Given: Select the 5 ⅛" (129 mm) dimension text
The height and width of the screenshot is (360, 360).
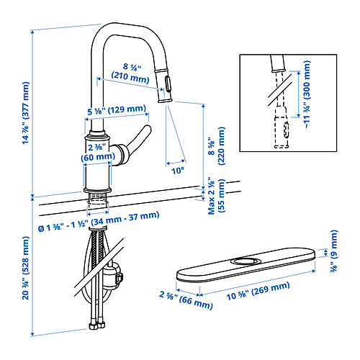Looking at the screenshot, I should [112, 110].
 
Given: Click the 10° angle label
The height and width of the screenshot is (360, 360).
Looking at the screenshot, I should [177, 171].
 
